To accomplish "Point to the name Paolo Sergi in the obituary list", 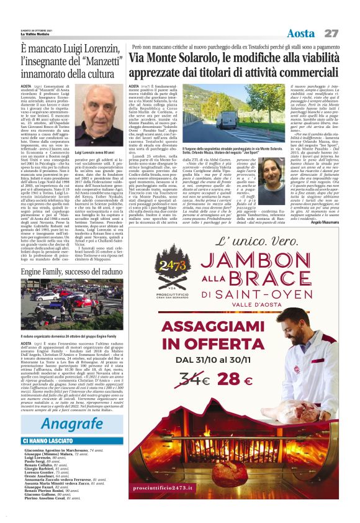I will click(37, 462).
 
